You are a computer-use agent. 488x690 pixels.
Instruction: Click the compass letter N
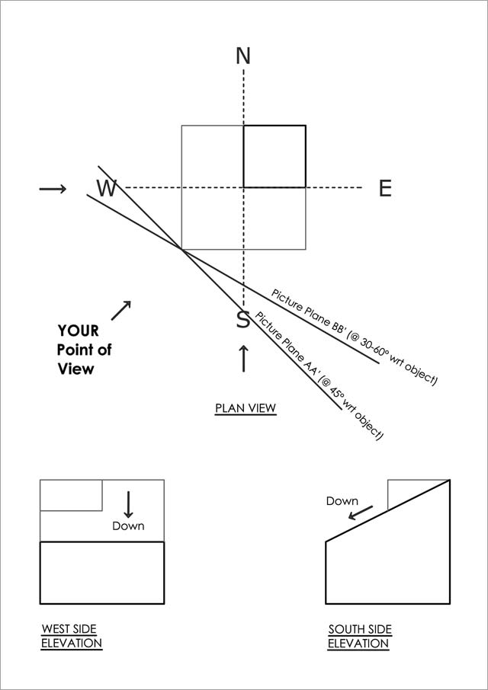click(x=243, y=56)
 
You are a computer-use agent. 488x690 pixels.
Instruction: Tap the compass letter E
click(x=385, y=188)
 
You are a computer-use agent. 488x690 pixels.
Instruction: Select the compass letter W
click(x=107, y=188)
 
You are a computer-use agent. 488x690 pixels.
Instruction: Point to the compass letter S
click(x=243, y=319)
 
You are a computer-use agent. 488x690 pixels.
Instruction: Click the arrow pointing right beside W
click(x=53, y=189)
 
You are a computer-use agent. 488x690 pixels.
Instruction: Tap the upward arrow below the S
click(x=243, y=359)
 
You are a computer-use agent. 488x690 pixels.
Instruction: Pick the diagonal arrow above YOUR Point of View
click(x=121, y=310)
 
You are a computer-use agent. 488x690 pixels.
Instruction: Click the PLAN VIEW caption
click(x=246, y=409)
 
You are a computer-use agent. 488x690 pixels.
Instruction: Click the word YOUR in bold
click(x=78, y=331)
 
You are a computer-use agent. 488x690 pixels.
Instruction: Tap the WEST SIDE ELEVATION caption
click(x=72, y=636)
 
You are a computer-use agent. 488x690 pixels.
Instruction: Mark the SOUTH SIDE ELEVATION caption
click(x=359, y=637)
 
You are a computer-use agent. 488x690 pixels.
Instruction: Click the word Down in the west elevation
click(x=128, y=525)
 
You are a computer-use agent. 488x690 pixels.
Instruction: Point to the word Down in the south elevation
click(x=342, y=501)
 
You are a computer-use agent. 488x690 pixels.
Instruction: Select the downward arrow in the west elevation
click(x=128, y=504)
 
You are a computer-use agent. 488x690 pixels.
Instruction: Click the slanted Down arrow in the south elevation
click(x=361, y=513)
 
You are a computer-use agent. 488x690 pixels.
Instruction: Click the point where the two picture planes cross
click(x=181, y=249)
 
